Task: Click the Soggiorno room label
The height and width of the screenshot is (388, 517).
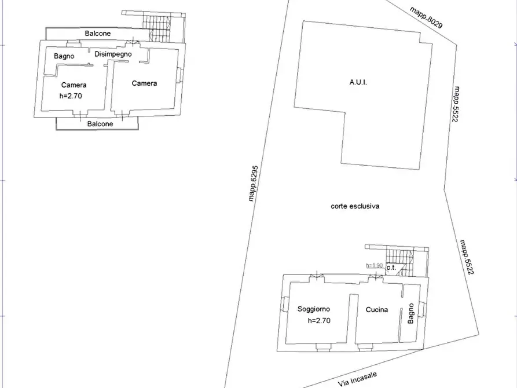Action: [x=314, y=309]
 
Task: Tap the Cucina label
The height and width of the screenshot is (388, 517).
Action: [x=377, y=309]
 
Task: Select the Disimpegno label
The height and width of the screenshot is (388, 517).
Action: [x=113, y=54]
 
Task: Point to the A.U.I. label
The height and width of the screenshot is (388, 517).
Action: [x=358, y=82]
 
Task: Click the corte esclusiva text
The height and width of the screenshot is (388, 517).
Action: [x=355, y=206]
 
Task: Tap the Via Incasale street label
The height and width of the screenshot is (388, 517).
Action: [x=357, y=379]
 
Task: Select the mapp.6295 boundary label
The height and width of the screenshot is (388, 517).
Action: [x=253, y=184]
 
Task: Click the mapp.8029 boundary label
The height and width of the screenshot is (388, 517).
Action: [x=426, y=17]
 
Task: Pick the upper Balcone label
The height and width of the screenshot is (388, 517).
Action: [x=98, y=34]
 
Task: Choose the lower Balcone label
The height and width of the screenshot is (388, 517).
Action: [x=100, y=124]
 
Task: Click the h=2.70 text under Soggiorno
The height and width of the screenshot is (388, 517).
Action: [x=319, y=321]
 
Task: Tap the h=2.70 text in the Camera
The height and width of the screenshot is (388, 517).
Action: [x=71, y=96]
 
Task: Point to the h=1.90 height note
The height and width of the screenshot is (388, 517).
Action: [x=374, y=266]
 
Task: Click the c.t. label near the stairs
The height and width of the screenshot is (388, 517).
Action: [x=391, y=268]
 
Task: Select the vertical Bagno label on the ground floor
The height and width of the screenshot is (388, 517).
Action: [x=411, y=313]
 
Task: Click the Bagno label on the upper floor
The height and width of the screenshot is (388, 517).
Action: [x=64, y=56]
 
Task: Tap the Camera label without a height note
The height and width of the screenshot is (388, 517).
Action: [x=144, y=83]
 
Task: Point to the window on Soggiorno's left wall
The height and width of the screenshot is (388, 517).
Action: [x=284, y=304]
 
